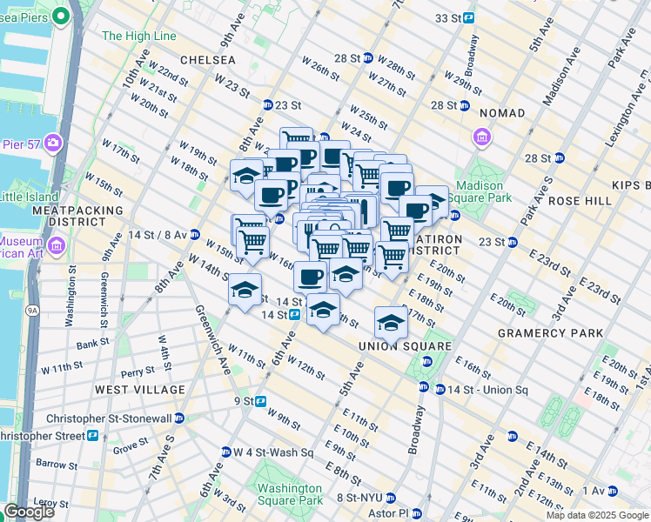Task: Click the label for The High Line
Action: point(139,36)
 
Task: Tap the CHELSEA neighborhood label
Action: point(208,60)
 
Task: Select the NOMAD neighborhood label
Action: point(501,113)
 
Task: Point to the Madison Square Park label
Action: point(480,192)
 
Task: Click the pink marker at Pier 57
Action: point(54,143)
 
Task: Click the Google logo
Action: point(29,512)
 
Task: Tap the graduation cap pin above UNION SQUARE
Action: point(391,322)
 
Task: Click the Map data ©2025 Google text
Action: point(596,515)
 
